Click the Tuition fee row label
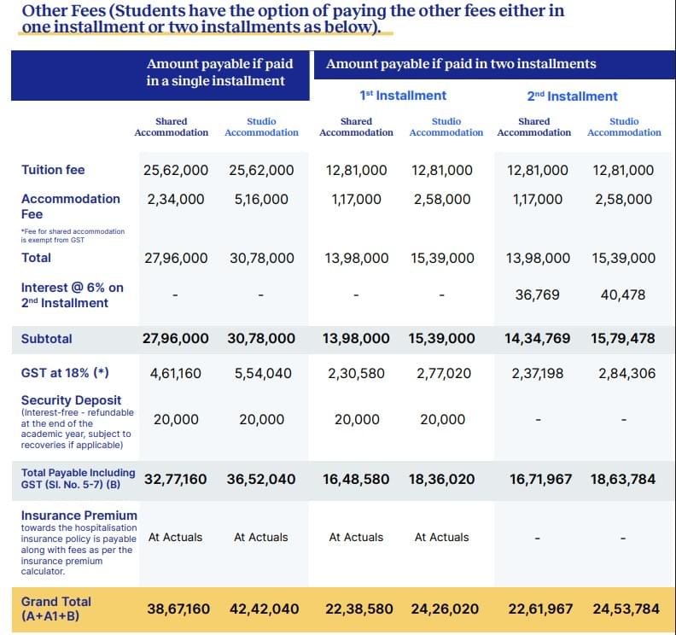[x=53, y=170]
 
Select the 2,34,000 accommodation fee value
[x=175, y=199]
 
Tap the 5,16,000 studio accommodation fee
[x=261, y=199]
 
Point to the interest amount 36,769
[x=538, y=294]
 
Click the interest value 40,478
[x=623, y=294]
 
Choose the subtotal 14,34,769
[x=538, y=339]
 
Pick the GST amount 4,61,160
[x=175, y=373]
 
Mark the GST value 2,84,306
[x=623, y=373]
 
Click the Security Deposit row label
[x=71, y=400]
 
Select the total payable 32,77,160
[x=175, y=480]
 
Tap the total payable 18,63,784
[x=623, y=480]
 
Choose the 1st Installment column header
[x=403, y=96]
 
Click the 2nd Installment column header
[x=572, y=96]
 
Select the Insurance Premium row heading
[x=79, y=516]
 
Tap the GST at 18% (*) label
[x=65, y=373]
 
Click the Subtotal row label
[x=47, y=339]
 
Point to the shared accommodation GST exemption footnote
[x=73, y=236]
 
